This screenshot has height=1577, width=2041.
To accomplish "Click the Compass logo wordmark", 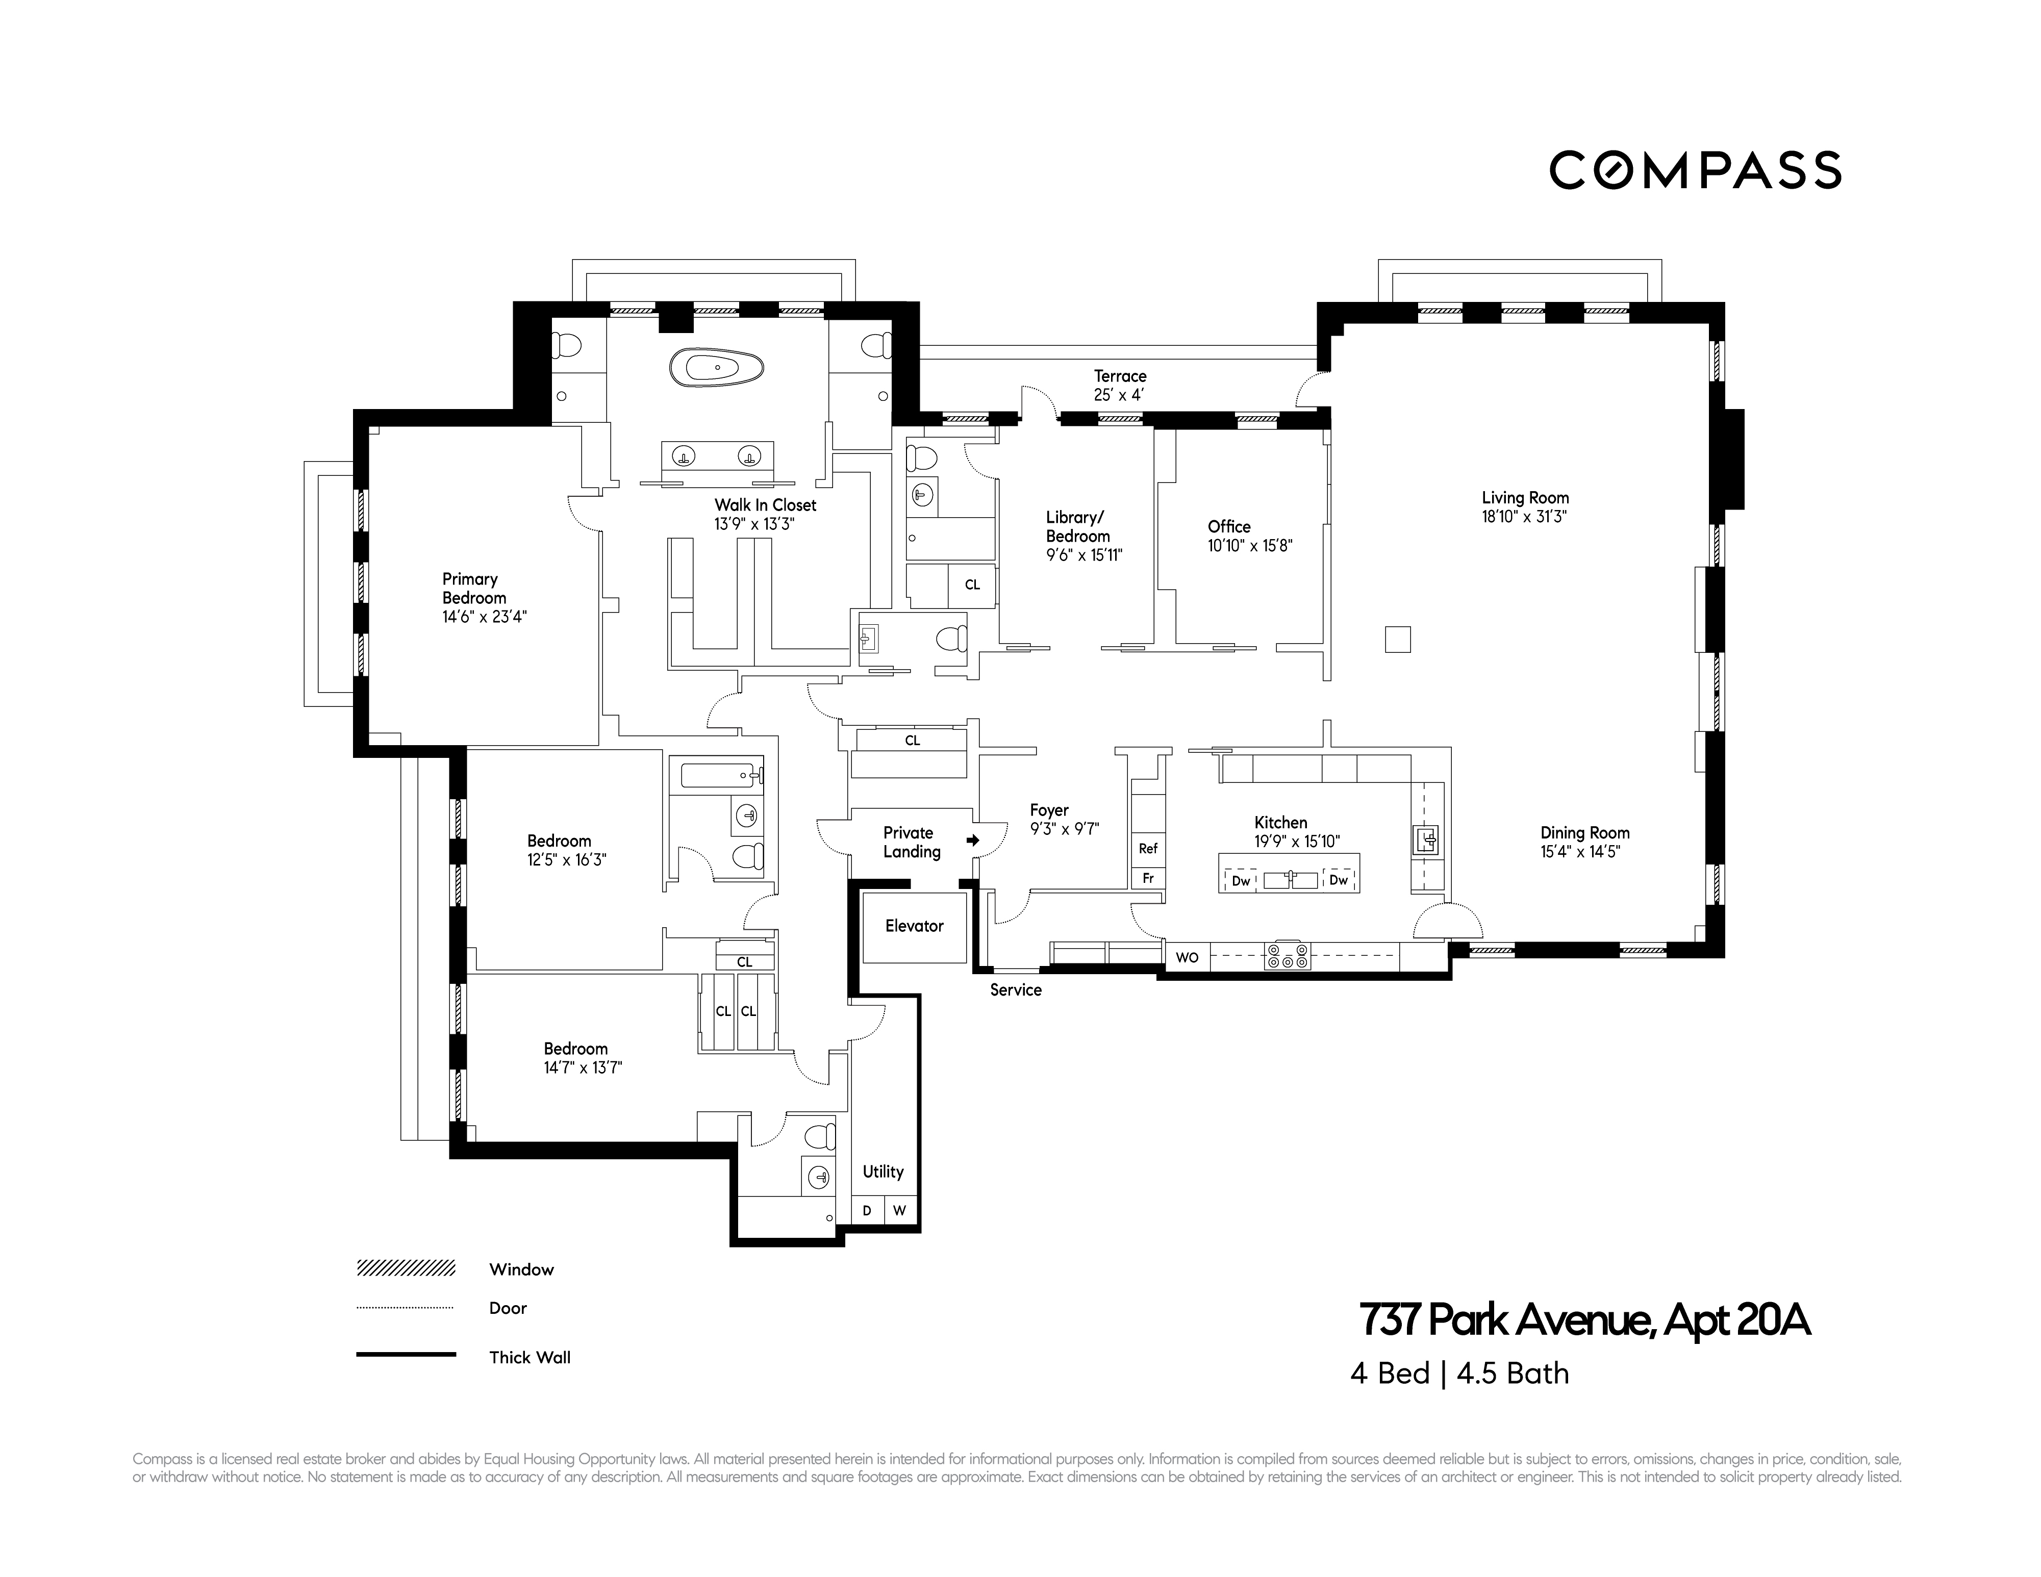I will point(1694,170).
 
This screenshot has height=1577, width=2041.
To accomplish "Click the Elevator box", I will point(914,927).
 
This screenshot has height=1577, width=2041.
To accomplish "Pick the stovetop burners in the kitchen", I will point(1287,957).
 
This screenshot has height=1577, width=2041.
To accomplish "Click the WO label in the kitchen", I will point(1187,958).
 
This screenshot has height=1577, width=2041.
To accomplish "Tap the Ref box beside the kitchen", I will point(1148,848).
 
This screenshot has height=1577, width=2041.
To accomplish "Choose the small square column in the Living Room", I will point(1397,639).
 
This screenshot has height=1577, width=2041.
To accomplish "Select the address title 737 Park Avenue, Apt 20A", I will point(1584,1320).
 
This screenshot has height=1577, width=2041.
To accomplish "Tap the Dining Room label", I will point(1584,832).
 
